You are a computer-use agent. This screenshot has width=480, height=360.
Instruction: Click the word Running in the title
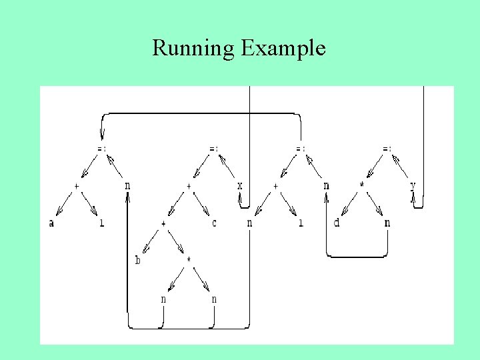(x=194, y=48)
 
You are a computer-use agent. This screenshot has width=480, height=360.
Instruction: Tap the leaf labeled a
(x=51, y=223)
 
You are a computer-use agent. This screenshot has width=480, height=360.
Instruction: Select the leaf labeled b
(x=138, y=260)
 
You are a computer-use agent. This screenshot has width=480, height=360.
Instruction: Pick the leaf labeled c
(x=214, y=223)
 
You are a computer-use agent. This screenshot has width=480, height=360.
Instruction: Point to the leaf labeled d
(x=337, y=223)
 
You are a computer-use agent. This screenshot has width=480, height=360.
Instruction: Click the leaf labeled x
(x=240, y=185)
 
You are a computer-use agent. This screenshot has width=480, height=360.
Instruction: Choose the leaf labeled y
(x=413, y=185)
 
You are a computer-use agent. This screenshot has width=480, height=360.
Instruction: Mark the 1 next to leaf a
(x=101, y=223)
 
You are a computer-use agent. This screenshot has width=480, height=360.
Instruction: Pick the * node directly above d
(x=363, y=185)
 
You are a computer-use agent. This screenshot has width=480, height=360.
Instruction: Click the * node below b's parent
(x=189, y=260)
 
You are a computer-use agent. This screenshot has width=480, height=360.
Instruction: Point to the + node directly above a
(x=77, y=185)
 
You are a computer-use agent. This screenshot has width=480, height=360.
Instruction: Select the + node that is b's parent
(x=163, y=223)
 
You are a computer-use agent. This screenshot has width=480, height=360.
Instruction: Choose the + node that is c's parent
(x=189, y=185)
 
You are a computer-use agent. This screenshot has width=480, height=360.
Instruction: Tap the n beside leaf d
(x=387, y=223)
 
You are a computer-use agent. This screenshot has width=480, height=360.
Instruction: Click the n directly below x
(x=249, y=223)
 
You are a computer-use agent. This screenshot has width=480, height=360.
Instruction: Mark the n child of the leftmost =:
(x=127, y=185)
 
